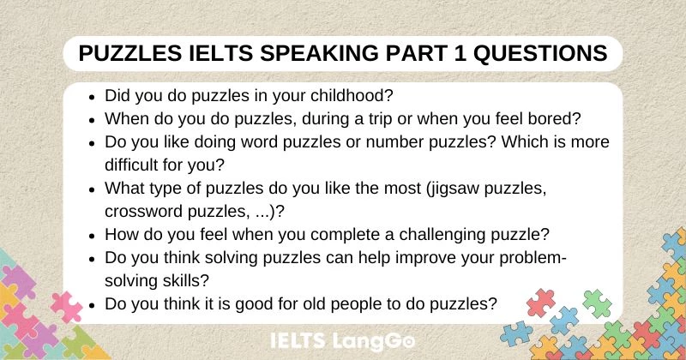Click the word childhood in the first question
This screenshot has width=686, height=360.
[x=354, y=97]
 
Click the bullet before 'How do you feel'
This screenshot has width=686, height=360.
[x=92, y=233]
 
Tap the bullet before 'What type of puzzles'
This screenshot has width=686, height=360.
[x=92, y=188]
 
